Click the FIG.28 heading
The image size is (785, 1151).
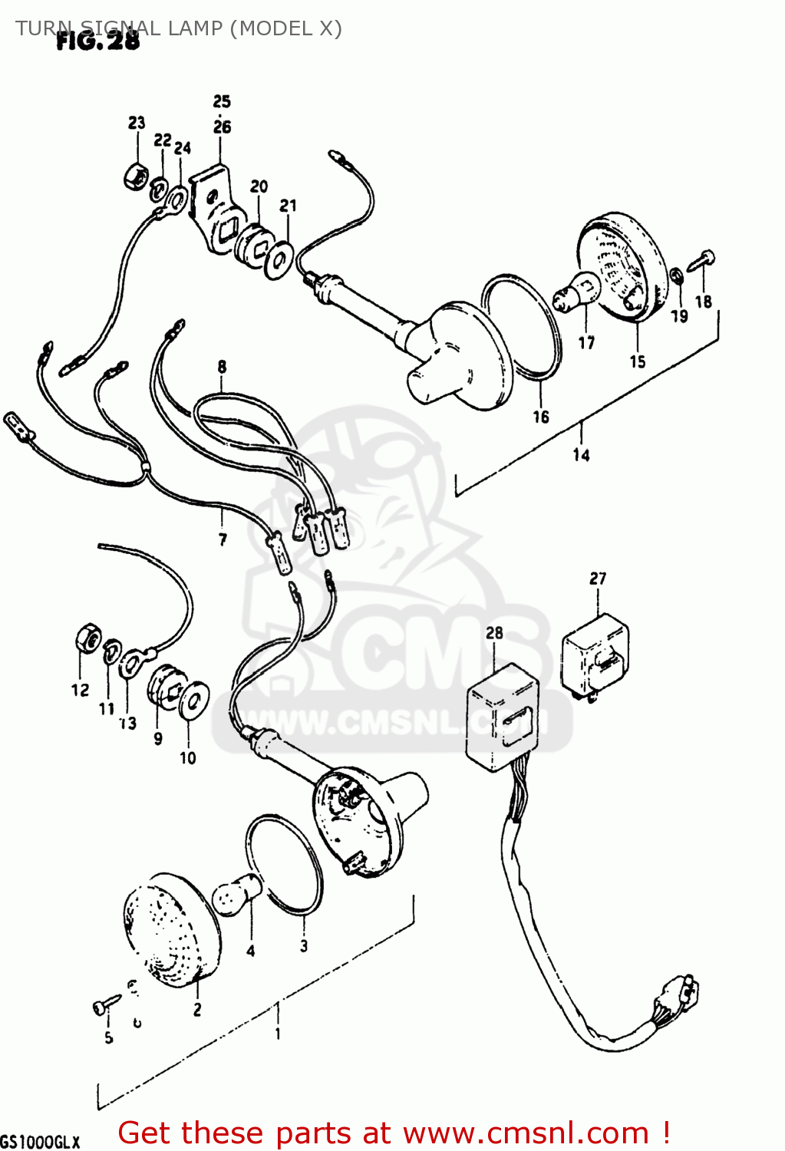pyautogui.click(x=98, y=41)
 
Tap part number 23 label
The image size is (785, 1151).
pyautogui.click(x=137, y=123)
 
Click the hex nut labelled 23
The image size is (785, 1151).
pyautogui.click(x=136, y=176)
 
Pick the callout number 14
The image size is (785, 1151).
pyautogui.click(x=581, y=455)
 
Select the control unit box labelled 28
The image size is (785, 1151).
pyautogui.click(x=503, y=714)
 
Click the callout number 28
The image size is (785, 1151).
pyautogui.click(x=494, y=633)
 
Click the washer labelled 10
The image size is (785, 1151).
pyautogui.click(x=194, y=700)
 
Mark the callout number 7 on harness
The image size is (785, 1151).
pyautogui.click(x=223, y=539)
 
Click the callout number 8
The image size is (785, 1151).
pyautogui.click(x=222, y=366)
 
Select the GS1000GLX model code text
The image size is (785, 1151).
pyautogui.click(x=40, y=1142)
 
